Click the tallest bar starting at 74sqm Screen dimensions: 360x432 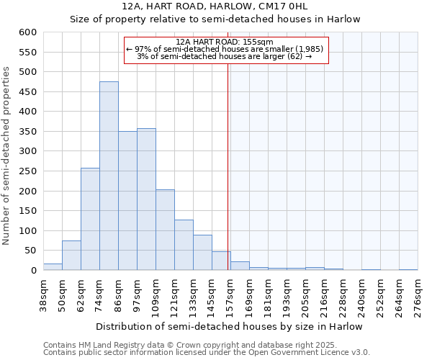tap(109, 176)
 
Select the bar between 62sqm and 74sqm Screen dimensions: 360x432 tap(90, 219)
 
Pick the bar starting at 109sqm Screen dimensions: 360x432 tap(165, 230)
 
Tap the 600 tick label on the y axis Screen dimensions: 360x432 tap(27, 32)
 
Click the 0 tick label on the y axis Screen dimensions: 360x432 tap(33, 271)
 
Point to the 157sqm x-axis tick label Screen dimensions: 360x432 tap(231, 295)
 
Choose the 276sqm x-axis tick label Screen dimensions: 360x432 tap(418, 295)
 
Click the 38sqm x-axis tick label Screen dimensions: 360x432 tap(44, 295)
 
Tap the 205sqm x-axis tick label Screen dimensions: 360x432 tap(306, 295)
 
